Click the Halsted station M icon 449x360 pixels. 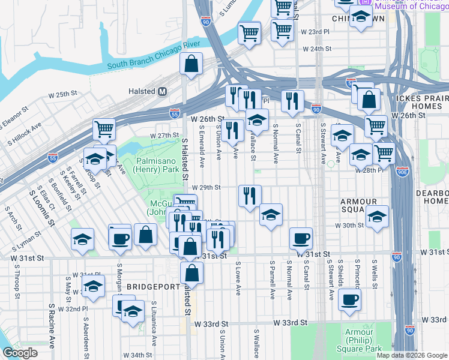(162, 92)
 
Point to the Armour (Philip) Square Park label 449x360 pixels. (363, 340)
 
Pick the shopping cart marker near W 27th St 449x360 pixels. (104, 128)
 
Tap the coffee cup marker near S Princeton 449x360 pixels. (349, 299)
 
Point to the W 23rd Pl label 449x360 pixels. (316, 31)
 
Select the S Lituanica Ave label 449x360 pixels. (154, 324)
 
